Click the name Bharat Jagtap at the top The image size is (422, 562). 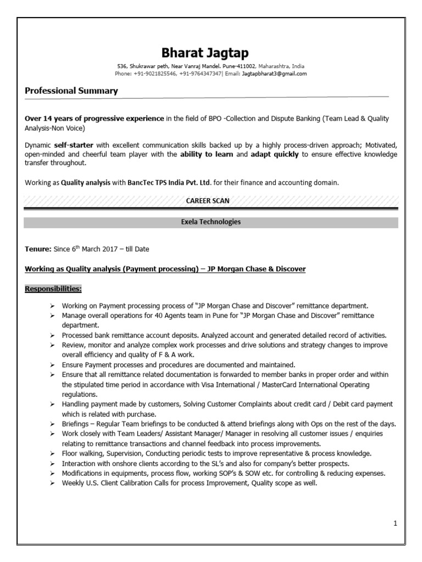(x=204, y=53)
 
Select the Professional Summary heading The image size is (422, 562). (x=71, y=91)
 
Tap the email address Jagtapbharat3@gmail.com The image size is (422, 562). (x=274, y=73)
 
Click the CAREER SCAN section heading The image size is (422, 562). (x=208, y=201)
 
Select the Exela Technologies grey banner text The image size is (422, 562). (x=210, y=222)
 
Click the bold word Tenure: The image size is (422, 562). (x=38, y=249)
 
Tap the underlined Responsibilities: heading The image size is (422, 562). (x=53, y=288)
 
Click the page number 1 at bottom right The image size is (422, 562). (x=395, y=523)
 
